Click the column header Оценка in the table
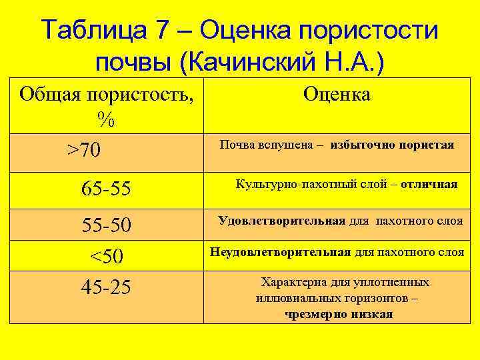(x=337, y=95)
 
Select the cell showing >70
(x=84, y=150)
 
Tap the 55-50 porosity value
(x=106, y=226)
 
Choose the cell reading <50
(x=106, y=257)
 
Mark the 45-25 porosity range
(x=106, y=287)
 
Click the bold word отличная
(x=429, y=184)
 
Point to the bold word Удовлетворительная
(x=281, y=221)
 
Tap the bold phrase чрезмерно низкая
(x=339, y=314)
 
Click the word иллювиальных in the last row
(x=294, y=298)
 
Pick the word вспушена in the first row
(x=286, y=145)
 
